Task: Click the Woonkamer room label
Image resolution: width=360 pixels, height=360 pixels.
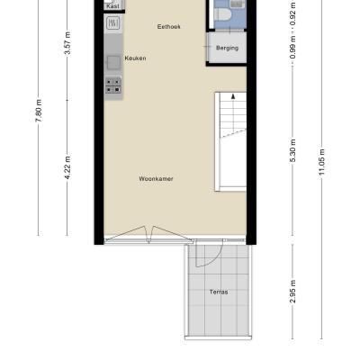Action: (156, 179)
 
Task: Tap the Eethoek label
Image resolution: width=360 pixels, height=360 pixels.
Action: (169, 27)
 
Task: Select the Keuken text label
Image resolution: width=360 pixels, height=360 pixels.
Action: (135, 58)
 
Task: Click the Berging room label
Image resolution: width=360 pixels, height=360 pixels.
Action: (227, 48)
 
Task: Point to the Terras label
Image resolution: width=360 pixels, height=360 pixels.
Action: (219, 292)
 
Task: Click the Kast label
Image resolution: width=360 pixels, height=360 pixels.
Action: (112, 6)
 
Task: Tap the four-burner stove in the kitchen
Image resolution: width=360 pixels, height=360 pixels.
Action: (113, 85)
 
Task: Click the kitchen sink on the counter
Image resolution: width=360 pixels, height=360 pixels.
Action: (113, 63)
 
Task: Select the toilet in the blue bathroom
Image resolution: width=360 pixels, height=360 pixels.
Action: (222, 14)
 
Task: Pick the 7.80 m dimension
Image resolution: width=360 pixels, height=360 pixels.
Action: (40, 111)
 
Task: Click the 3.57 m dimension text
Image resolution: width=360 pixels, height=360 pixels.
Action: (67, 43)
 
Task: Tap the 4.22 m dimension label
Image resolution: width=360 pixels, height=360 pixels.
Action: (67, 167)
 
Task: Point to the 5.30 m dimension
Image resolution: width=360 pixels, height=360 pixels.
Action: (292, 150)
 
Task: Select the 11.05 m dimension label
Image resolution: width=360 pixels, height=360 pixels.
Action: (322, 162)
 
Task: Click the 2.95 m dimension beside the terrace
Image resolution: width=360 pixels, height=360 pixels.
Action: (292, 292)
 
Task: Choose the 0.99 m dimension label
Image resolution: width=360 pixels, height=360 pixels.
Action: (292, 48)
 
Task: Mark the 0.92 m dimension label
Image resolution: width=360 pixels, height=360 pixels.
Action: (292, 14)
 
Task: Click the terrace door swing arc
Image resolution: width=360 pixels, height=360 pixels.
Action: (213, 260)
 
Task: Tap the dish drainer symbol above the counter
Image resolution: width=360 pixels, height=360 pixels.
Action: (113, 22)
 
